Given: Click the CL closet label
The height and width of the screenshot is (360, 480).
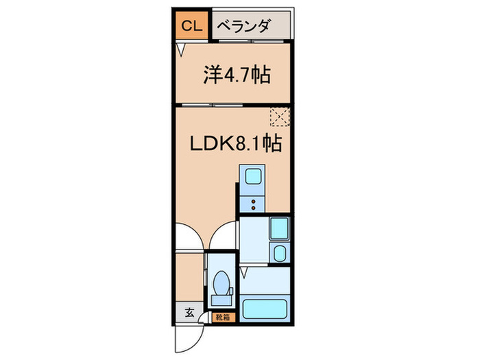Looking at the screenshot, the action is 192,26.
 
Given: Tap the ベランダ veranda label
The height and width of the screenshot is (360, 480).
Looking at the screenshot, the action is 244,26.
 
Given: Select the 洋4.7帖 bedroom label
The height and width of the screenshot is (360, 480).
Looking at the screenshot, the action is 237,75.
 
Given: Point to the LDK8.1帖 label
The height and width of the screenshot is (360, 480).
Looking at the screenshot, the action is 236,143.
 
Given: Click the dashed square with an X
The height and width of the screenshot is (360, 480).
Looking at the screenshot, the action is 280,117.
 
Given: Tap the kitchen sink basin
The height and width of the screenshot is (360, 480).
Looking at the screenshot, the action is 253,176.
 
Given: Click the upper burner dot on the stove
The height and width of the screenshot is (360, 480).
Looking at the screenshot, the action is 253,202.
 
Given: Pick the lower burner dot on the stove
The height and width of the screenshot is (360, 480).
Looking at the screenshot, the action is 253,208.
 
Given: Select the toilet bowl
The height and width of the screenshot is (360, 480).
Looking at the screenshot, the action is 221,283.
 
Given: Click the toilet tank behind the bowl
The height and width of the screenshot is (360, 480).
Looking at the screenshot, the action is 221,300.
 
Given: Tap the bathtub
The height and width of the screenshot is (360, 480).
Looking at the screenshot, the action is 265,309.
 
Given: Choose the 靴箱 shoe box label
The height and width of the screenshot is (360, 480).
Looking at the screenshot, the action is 223,317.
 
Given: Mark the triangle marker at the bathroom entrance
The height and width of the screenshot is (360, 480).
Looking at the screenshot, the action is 243,272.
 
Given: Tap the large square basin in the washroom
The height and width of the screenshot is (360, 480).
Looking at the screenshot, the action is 279,228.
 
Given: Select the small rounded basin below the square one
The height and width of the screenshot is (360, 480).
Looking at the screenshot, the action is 280,253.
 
